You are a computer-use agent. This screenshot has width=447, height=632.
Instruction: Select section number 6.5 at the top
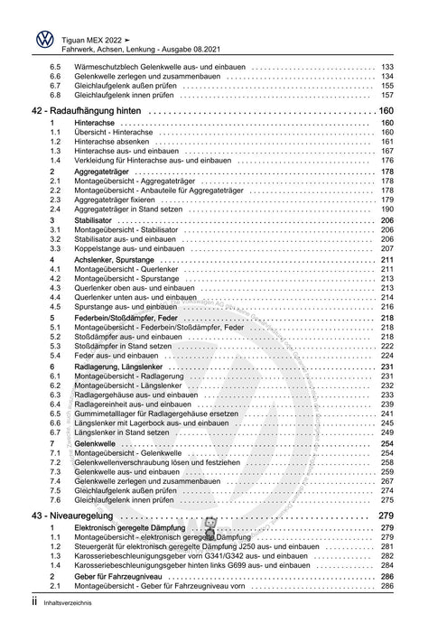tap(55, 67)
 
